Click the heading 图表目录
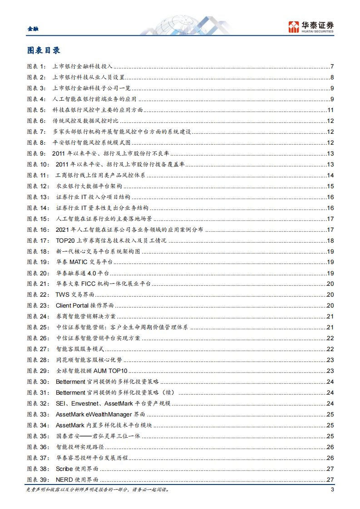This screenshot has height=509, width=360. (44, 50)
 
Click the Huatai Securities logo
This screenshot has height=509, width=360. (311, 27)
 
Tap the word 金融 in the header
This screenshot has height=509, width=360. (33, 29)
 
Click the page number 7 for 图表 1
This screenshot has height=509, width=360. (332, 67)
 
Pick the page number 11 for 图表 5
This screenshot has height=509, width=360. (331, 110)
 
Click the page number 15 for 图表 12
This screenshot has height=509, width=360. (330, 186)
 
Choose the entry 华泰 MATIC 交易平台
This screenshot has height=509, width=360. (84, 262)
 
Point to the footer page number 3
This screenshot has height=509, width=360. (332, 489)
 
